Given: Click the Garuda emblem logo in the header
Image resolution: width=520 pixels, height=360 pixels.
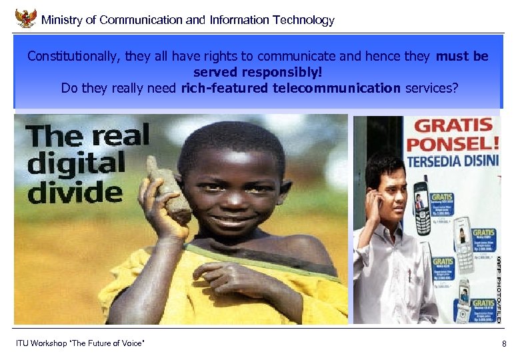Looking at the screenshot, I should tap(25, 18).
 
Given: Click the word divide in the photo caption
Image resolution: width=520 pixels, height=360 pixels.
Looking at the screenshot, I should tap(75, 191).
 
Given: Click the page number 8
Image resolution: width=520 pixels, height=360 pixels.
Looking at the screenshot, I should tap(504, 344).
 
